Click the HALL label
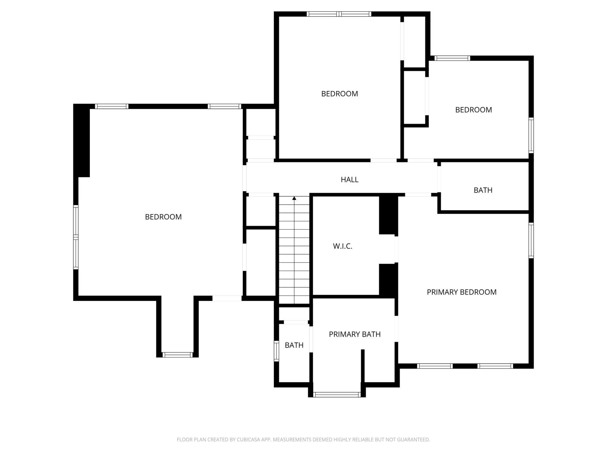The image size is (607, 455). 349,180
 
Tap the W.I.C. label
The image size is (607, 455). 342,246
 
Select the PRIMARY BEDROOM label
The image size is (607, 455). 461,292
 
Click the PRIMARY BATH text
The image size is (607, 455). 354,334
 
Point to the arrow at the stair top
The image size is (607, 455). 294,198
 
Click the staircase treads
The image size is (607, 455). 294,253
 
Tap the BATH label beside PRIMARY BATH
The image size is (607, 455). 294,345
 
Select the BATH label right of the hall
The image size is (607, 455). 483,190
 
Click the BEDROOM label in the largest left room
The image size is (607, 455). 163,217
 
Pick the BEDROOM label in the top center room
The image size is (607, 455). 339,94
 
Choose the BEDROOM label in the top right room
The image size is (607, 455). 473,110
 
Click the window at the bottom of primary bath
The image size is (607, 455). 337,394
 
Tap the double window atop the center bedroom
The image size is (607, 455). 339,14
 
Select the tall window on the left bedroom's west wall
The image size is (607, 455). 76,237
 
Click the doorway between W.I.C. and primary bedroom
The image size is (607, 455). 396,249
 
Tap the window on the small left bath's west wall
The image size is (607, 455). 276,351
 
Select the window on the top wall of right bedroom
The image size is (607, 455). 452,58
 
